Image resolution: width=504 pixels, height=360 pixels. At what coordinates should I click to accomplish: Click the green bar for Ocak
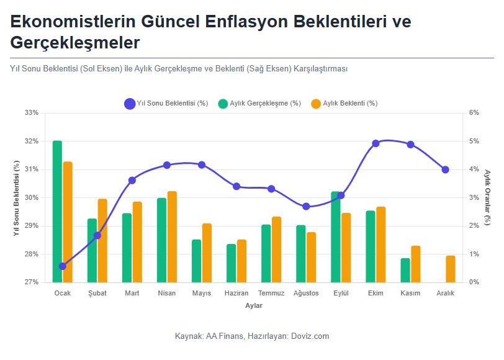(57, 211)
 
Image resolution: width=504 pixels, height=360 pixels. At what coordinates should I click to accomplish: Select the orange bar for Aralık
(450, 269)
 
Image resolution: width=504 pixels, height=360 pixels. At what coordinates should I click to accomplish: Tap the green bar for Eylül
(336, 236)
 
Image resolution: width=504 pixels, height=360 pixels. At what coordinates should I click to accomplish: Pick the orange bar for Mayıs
(207, 253)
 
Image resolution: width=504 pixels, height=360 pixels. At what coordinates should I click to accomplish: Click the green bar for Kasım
(405, 270)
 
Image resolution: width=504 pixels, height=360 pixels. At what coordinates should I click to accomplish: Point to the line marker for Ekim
(376, 143)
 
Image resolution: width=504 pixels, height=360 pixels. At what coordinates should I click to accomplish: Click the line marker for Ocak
(62, 266)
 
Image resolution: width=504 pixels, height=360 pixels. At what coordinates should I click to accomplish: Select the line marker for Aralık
(445, 169)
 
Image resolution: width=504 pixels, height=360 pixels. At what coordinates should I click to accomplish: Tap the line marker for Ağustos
(306, 206)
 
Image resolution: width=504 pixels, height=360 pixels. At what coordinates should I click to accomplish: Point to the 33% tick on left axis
(32, 113)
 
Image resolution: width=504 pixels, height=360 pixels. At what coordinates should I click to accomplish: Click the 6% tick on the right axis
(474, 113)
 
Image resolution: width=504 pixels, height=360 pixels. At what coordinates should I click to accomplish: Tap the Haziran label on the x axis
(236, 293)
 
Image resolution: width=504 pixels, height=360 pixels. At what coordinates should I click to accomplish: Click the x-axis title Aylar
(253, 305)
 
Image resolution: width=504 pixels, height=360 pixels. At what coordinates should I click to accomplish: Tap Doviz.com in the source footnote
(309, 336)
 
